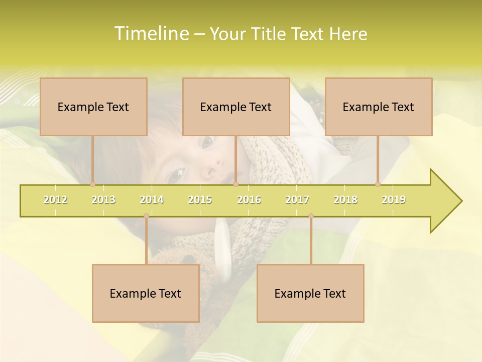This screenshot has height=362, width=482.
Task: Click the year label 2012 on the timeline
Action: tap(55, 200)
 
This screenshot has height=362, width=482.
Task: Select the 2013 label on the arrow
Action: tap(103, 200)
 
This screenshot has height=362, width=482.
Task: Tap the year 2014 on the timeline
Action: tap(152, 200)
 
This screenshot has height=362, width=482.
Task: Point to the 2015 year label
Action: tap(200, 200)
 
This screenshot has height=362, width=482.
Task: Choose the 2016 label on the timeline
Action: tap(249, 200)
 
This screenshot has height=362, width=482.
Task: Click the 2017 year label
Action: tap(297, 200)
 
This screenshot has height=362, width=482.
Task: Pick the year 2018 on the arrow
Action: tap(345, 200)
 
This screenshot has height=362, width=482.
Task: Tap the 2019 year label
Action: tap(394, 200)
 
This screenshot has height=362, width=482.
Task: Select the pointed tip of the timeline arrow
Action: tap(460, 201)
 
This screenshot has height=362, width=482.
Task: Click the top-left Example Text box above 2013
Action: tap(93, 107)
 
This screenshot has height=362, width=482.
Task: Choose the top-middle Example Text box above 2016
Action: tap(236, 107)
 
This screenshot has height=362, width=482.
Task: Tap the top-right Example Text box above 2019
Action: tap(379, 107)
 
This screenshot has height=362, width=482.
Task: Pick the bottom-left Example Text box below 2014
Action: tap(146, 293)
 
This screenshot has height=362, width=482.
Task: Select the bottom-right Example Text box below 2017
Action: tap(310, 293)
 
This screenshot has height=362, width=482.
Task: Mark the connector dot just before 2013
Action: tap(92, 184)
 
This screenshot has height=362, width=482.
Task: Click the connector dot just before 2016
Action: tap(235, 184)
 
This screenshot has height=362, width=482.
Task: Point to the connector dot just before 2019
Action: tap(378, 184)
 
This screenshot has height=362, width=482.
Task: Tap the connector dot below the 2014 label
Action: tap(146, 216)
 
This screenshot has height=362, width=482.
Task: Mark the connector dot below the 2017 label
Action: tap(311, 216)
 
